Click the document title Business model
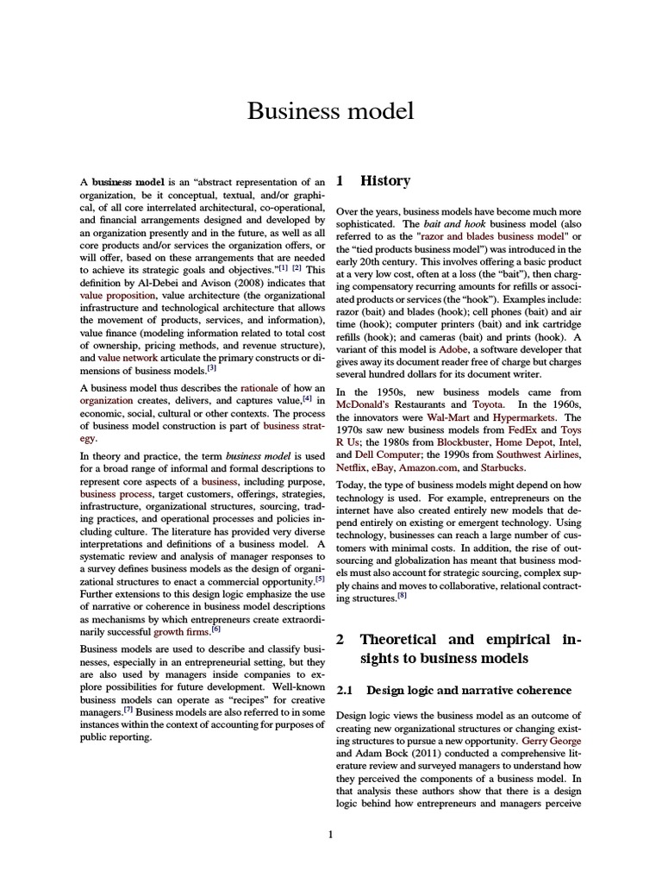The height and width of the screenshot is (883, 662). (331, 111)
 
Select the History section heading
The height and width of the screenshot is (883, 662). (384, 181)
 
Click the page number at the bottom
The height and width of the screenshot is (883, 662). (330, 834)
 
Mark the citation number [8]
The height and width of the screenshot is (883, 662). (402, 594)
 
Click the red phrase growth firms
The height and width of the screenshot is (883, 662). (182, 630)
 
